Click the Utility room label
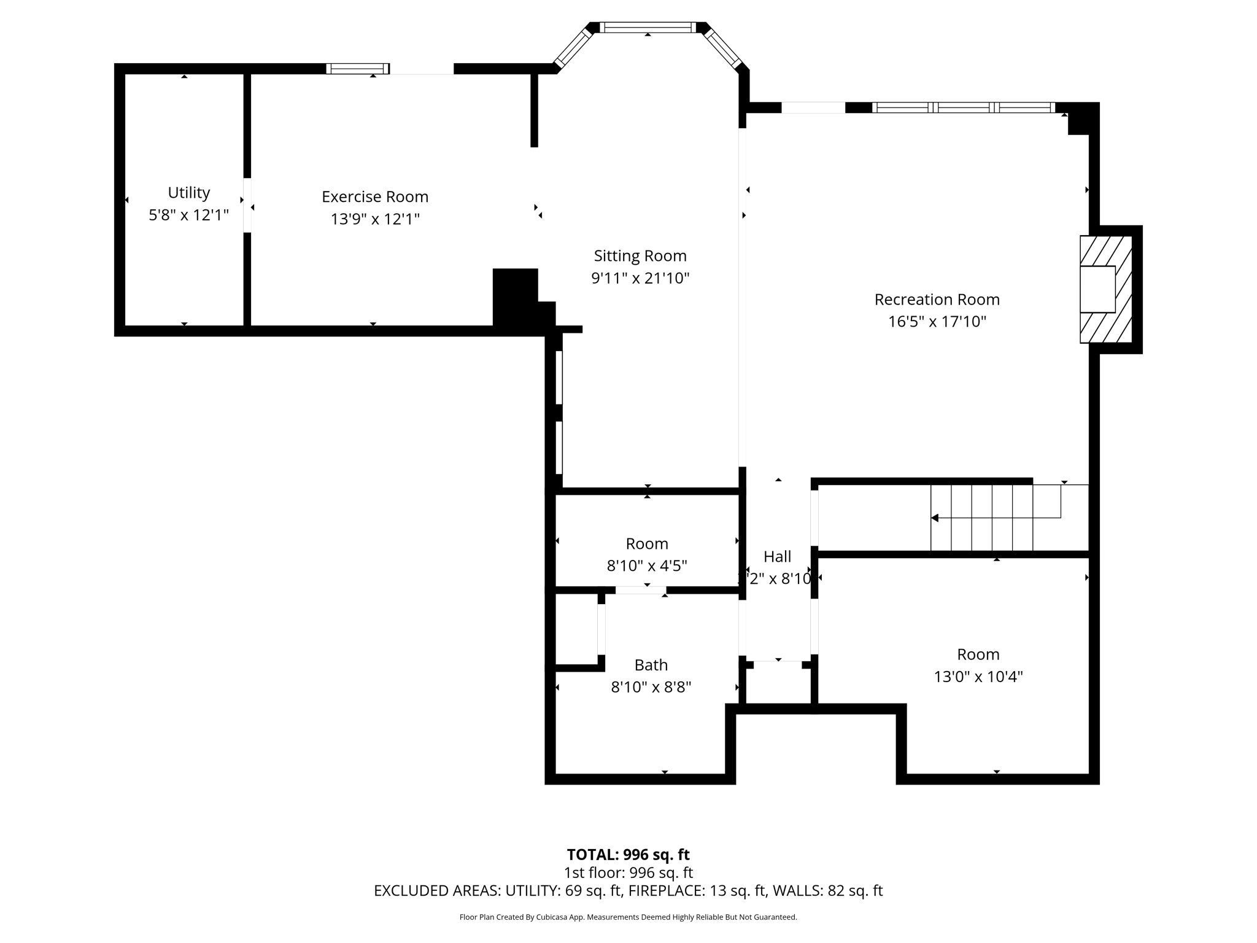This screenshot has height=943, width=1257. (188, 193)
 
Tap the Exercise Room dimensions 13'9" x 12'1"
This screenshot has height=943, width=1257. (374, 219)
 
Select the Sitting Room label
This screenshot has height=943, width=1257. (640, 256)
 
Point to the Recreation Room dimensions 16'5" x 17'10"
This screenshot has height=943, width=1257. (937, 322)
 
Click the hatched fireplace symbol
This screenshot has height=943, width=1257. (1105, 289)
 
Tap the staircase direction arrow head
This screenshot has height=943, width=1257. (935, 518)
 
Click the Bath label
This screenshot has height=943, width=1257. (651, 665)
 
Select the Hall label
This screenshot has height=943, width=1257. (777, 557)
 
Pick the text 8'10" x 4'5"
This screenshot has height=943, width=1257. (646, 566)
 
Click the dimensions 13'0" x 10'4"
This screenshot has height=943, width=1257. (978, 677)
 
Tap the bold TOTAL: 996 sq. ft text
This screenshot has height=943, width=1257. (628, 855)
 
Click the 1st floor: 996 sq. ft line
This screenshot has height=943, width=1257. (628, 872)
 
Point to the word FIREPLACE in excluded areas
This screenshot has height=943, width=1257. (665, 891)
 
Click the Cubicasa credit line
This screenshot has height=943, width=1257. (628, 917)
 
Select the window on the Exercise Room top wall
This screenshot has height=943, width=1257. (357, 69)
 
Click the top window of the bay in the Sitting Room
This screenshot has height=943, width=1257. (648, 28)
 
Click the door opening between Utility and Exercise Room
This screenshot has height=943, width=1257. (247, 205)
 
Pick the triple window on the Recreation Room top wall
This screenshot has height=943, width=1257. (964, 108)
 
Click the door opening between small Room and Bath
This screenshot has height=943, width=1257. (640, 590)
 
